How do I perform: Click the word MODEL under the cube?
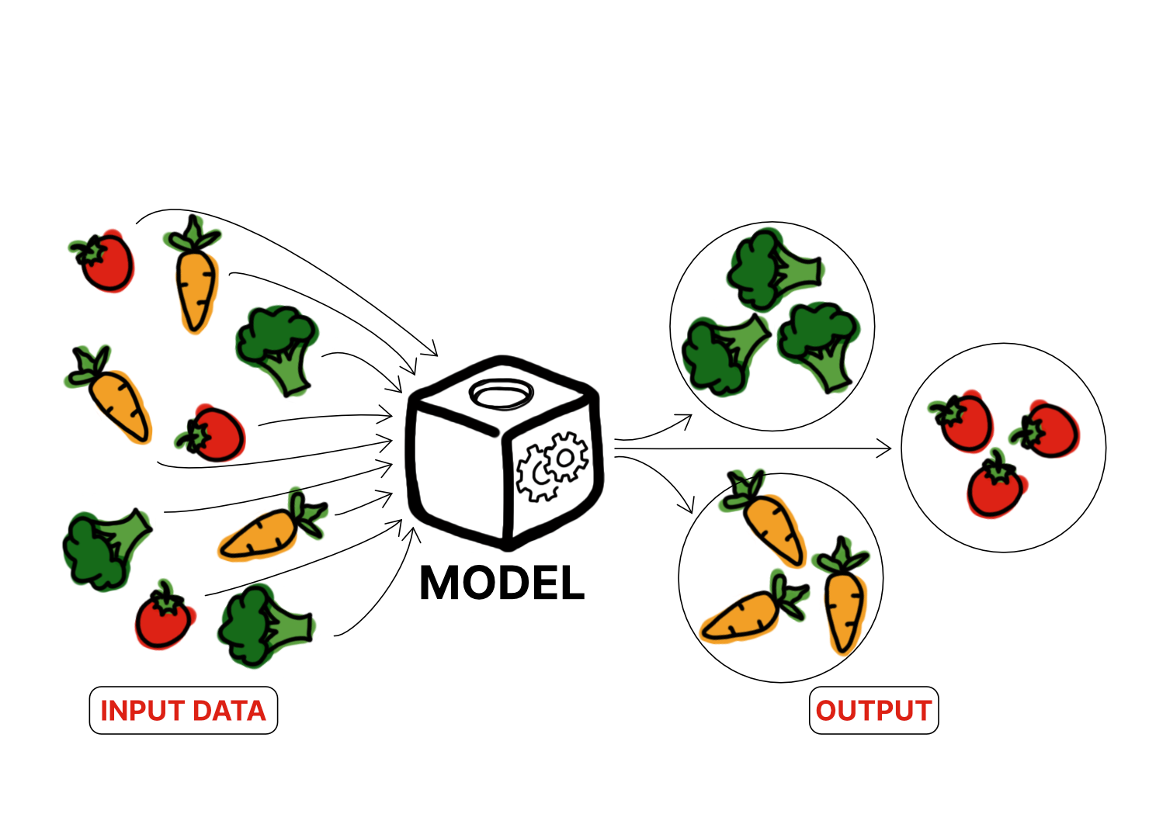point(502,583)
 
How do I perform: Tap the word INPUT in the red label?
point(142,711)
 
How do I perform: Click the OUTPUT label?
point(873,711)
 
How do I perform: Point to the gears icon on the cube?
point(553,466)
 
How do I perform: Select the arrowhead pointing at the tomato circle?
point(883,448)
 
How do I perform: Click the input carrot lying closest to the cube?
point(268,530)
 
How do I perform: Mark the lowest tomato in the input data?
point(163,618)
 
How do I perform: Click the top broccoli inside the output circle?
point(772,268)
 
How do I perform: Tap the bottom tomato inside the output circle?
point(995,487)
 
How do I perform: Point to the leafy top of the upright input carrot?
point(193,233)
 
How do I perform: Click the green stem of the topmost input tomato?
point(92,251)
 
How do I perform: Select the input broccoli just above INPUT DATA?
point(264,625)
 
